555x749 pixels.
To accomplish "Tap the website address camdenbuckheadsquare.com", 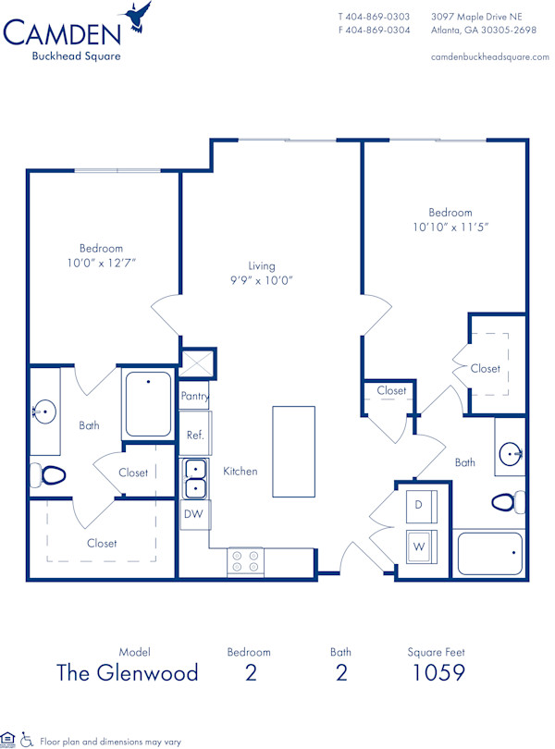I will tap(489, 56).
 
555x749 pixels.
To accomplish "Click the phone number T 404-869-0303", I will tap(374, 17).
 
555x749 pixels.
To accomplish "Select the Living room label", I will tap(262, 266).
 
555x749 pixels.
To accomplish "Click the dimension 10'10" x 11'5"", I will tap(450, 227).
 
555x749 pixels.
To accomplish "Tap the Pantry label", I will tap(194, 397).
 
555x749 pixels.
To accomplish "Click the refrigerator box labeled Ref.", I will tap(195, 435).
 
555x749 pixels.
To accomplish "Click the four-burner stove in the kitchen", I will tap(245, 561).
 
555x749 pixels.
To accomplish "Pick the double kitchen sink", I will tap(195, 478).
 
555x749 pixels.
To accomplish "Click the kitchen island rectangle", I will tap(293, 451).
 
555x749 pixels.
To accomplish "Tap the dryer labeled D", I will tap(418, 506).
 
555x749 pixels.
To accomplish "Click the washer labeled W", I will tap(418, 546).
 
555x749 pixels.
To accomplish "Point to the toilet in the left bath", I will tap(51, 476).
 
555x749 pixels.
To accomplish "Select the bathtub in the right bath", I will tap(491, 555).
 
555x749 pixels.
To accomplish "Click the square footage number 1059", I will tap(438, 672).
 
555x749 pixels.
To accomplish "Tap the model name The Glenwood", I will tap(128, 672).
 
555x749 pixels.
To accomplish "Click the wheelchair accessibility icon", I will tap(27, 740).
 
